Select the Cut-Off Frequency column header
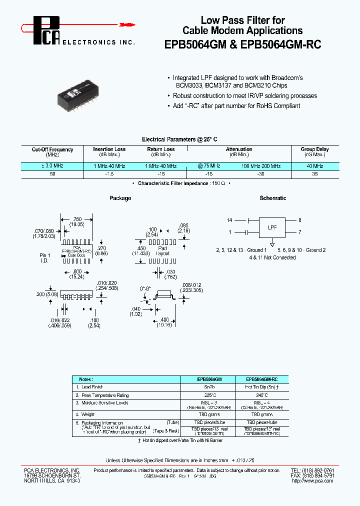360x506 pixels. pos(52,149)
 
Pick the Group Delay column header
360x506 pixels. pos(314,149)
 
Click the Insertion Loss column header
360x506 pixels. pos(109,149)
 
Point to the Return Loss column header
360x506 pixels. pos(161,149)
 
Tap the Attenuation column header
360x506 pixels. pos(239,149)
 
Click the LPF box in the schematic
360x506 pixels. pos(272,226)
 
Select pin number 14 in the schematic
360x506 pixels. pos(229,220)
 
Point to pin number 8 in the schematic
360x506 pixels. pos(299,220)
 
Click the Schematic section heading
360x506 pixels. pos(273,198)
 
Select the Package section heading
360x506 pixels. pos(120,198)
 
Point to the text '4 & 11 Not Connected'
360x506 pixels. pos(272,257)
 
